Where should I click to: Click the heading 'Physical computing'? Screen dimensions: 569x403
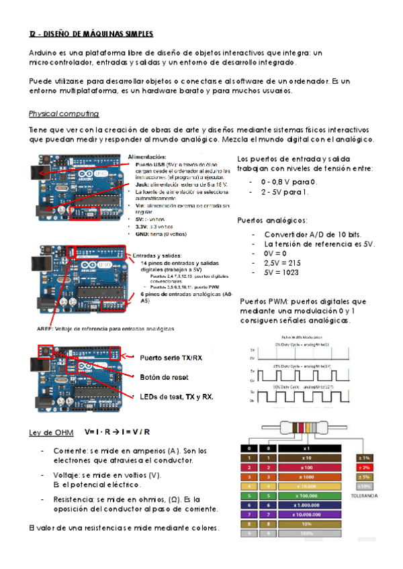(x=64, y=113)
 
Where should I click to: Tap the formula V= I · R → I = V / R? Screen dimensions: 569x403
(x=118, y=431)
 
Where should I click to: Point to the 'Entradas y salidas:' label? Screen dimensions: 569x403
(x=159, y=255)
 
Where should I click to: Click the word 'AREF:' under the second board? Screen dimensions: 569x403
(x=46, y=329)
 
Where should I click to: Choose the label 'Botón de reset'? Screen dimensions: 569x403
(x=164, y=377)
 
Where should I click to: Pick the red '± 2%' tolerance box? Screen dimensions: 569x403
(x=365, y=467)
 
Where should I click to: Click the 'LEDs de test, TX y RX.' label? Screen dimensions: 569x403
(x=177, y=397)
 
